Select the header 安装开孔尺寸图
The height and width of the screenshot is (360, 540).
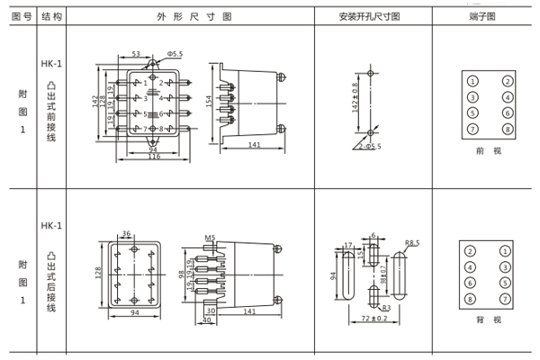coord(370,15)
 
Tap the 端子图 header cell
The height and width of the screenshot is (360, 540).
coord(486,15)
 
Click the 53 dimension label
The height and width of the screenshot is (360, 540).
coord(135,55)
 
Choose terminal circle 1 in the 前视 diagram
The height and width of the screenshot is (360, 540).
coord(472,81)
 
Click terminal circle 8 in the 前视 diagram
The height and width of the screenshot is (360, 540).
coord(507,130)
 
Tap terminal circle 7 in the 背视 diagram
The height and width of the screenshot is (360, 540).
coord(507,299)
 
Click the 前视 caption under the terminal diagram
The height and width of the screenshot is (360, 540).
coord(487,150)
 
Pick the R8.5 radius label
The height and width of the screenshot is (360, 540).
coord(412,242)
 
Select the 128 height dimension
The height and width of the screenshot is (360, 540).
coord(98,272)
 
